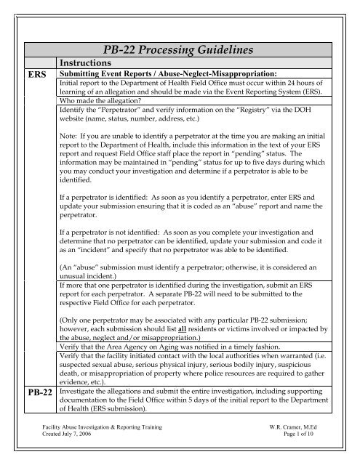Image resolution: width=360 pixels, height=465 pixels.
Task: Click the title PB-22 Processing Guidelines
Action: point(180,52)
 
